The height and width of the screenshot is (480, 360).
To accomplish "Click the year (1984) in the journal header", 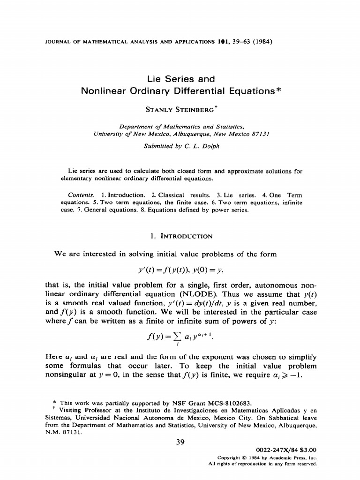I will (261, 41).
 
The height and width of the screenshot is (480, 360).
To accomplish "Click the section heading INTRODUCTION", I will (187, 236).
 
